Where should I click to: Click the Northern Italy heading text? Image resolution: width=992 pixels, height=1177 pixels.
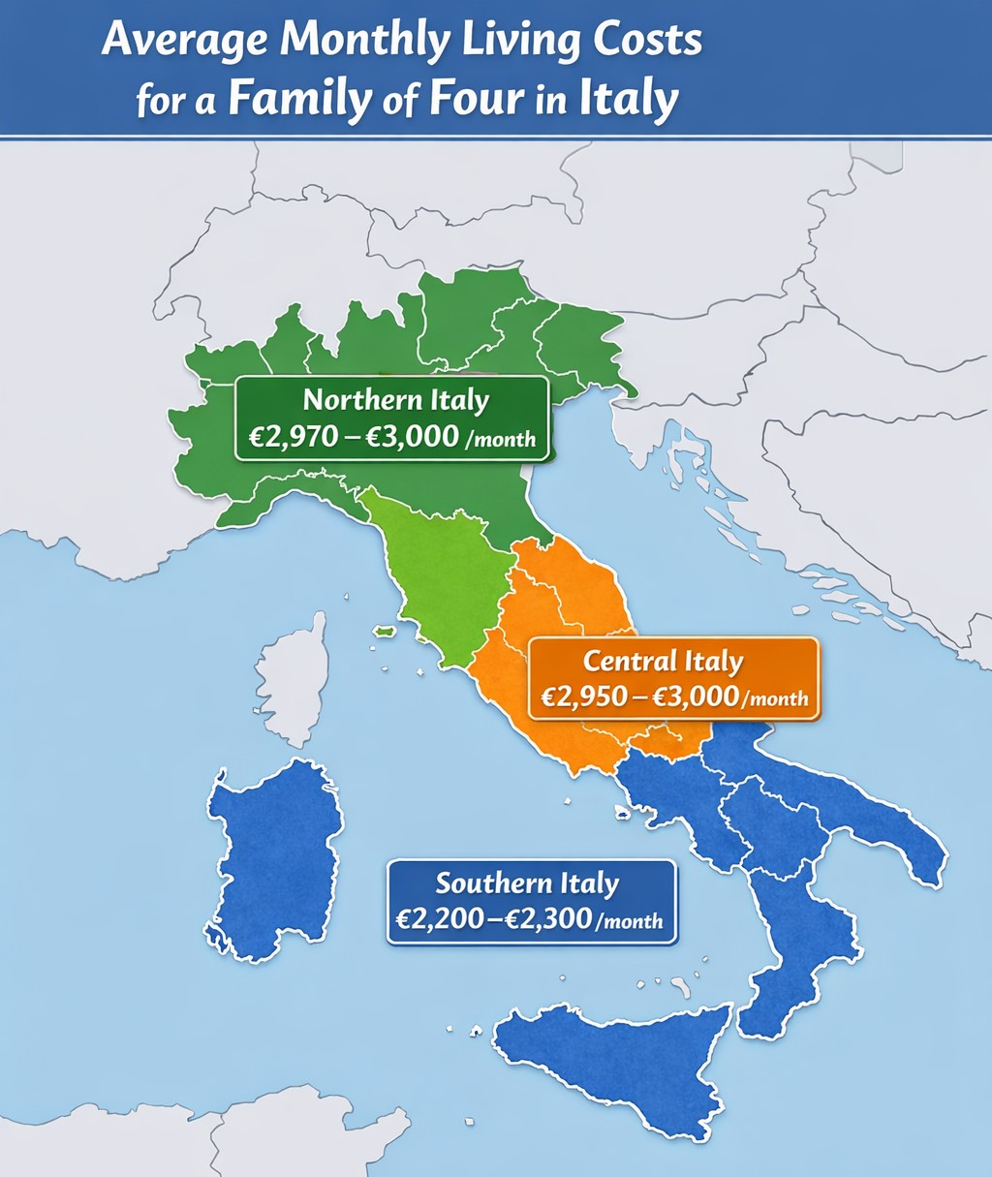[395, 400]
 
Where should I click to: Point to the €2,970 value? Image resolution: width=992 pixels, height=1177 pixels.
[288, 436]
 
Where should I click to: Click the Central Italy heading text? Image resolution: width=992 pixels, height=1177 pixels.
[663, 662]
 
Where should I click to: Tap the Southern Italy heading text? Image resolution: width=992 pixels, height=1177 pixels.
[526, 883]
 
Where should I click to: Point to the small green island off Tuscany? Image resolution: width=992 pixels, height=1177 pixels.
[386, 632]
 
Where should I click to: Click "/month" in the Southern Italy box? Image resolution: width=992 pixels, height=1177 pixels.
[631, 921]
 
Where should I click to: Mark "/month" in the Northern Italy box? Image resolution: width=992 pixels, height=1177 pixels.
[501, 439]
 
